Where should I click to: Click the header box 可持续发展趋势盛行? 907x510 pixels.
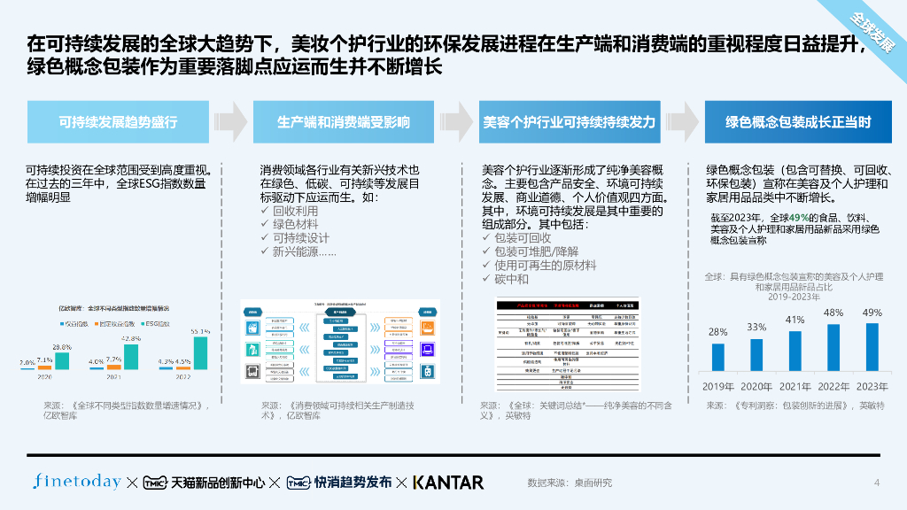pyautogui.click(x=118, y=122)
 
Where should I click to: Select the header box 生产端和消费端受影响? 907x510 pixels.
pyautogui.click(x=344, y=122)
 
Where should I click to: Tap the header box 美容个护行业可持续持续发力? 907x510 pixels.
pyautogui.click(x=569, y=122)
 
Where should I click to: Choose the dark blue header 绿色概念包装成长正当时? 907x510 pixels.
pyautogui.click(x=798, y=122)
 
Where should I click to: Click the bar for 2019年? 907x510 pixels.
pyautogui.click(x=718, y=356)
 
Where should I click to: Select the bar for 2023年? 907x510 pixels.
pyautogui.click(x=872, y=346)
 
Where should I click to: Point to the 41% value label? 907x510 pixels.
pyautogui.click(x=795, y=320)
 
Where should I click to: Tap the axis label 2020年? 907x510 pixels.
pyautogui.click(x=756, y=386)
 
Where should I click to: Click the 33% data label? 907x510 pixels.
pyautogui.click(x=756, y=327)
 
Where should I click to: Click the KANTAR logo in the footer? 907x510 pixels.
pyautogui.click(x=448, y=483)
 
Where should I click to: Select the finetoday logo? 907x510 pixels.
pyautogui.click(x=77, y=482)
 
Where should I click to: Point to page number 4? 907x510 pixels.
pyautogui.click(x=877, y=483)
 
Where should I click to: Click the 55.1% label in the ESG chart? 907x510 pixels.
pyautogui.click(x=200, y=331)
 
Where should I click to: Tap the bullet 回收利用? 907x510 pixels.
pyautogui.click(x=295, y=212)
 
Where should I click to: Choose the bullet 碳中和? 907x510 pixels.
pyautogui.click(x=511, y=279)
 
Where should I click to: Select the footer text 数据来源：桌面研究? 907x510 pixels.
pyautogui.click(x=570, y=483)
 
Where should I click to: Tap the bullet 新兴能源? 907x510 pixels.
pyautogui.click(x=304, y=251)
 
